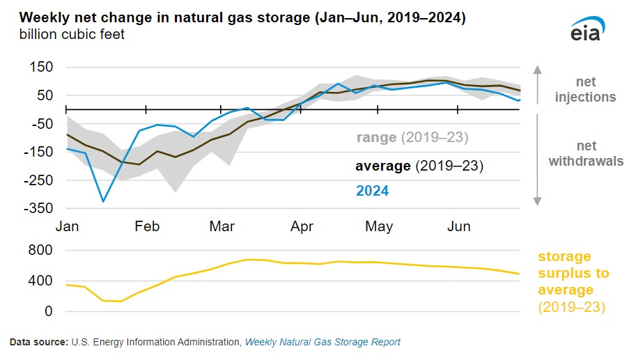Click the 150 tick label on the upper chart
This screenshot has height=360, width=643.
point(42,68)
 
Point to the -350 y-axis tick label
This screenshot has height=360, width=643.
point(40,208)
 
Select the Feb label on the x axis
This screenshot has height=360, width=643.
point(147,227)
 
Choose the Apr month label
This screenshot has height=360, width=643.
point(302,227)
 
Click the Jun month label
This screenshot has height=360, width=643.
point(458,227)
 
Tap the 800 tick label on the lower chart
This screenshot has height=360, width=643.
point(40,250)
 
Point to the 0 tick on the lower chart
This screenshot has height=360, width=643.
point(48,312)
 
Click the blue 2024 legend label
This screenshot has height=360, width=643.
point(372,191)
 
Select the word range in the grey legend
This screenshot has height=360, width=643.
point(377,137)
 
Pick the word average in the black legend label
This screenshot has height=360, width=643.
point(383,166)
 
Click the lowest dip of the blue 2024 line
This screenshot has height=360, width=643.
point(103,202)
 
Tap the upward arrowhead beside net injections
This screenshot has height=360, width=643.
point(537,69)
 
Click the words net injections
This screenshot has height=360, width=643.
point(585,89)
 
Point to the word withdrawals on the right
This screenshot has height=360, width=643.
point(585,162)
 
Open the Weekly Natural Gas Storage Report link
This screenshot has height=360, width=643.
point(322,343)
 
